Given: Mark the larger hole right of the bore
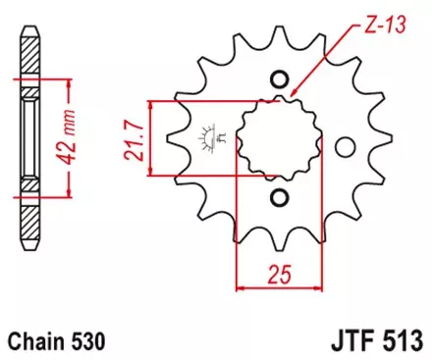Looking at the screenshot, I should tap(344, 146).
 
